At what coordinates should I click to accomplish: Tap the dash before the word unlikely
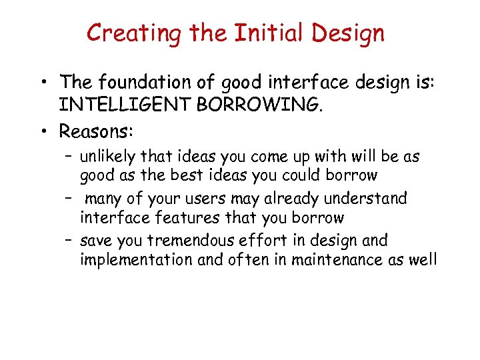click(x=69, y=157)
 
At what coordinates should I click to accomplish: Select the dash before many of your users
click(x=69, y=199)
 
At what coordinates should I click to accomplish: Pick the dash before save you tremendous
click(x=69, y=240)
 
